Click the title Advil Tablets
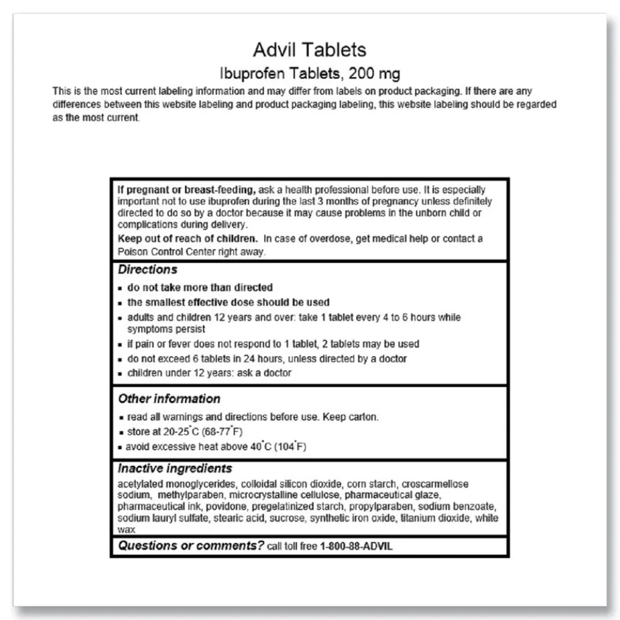[x=309, y=49]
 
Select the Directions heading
[x=147, y=270]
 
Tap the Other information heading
[x=169, y=399]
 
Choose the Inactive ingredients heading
[x=175, y=468]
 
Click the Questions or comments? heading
[x=191, y=545]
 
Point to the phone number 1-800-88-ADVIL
[x=356, y=546]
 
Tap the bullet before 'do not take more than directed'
[x=121, y=288]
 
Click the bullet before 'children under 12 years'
[x=121, y=374]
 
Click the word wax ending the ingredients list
[x=126, y=529]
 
